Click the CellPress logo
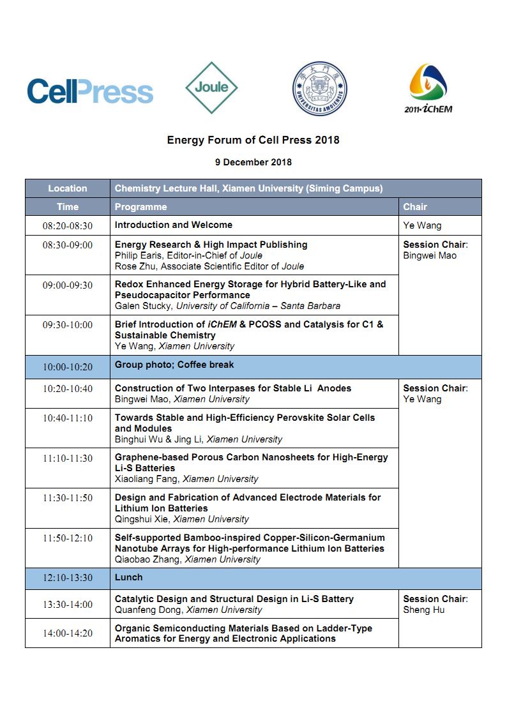click(x=89, y=91)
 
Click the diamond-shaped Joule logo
click(x=211, y=87)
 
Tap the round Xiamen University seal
click(x=320, y=89)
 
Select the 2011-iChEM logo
click(x=428, y=89)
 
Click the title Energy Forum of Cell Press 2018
click(x=253, y=140)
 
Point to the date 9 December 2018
click(x=253, y=162)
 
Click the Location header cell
click(x=68, y=188)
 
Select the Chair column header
click(x=415, y=207)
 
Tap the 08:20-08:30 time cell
click(x=68, y=226)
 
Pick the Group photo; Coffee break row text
click(x=174, y=365)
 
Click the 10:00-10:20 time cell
click(x=68, y=366)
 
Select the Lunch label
click(x=128, y=577)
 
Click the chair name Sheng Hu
click(x=424, y=610)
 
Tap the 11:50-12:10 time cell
click(x=68, y=539)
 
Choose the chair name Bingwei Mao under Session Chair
click(x=430, y=255)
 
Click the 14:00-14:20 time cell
click(x=68, y=634)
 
